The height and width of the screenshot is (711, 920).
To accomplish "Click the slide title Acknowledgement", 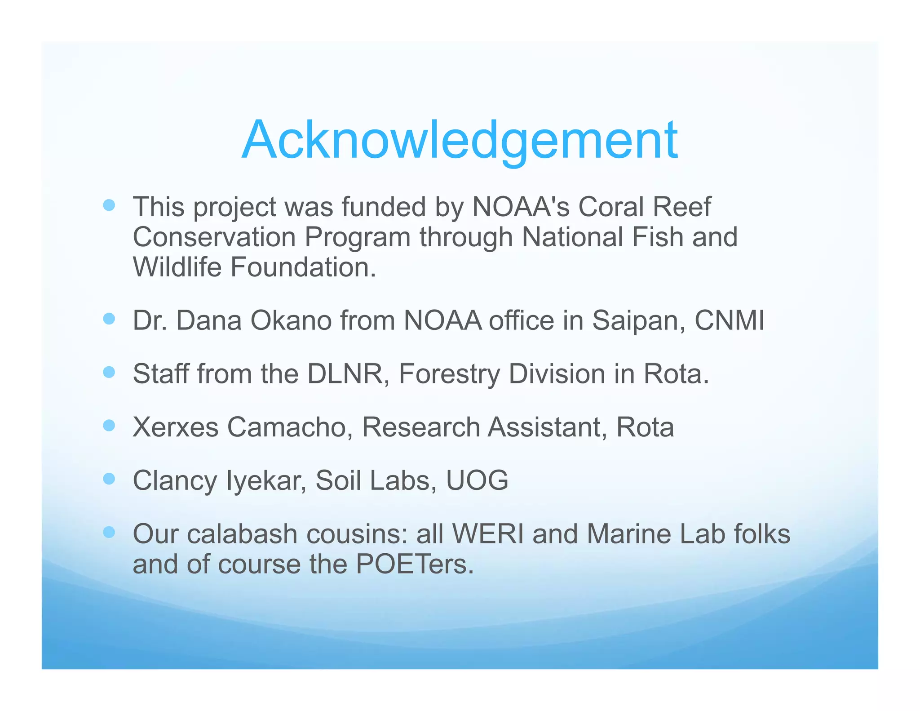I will click(x=460, y=140).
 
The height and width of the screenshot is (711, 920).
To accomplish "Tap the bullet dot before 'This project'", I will click(x=109, y=206).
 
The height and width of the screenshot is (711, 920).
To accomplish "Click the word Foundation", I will click(x=303, y=267).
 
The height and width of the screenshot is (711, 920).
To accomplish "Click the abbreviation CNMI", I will click(x=729, y=321).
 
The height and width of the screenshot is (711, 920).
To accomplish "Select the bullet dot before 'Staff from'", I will click(x=109, y=372).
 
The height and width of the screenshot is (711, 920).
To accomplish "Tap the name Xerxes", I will click(x=176, y=427).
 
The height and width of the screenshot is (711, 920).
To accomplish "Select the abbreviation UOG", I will click(x=477, y=480).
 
